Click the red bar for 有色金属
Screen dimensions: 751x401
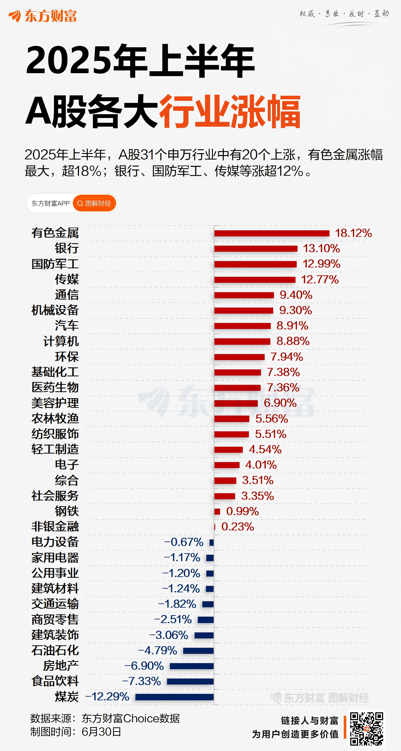click(x=272, y=233)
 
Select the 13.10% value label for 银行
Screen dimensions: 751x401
click(x=321, y=248)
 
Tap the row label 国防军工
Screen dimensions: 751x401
click(x=55, y=264)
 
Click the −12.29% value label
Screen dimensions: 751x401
click(x=107, y=697)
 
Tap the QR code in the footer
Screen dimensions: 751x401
click(x=366, y=729)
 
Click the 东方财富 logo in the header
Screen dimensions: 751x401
click(x=43, y=16)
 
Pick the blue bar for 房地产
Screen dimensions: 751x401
click(x=192, y=666)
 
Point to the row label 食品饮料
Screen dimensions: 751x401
click(x=55, y=681)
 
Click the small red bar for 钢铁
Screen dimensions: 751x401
click(x=217, y=511)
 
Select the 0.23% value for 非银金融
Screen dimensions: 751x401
click(x=237, y=527)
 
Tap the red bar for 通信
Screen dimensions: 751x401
click(x=244, y=295)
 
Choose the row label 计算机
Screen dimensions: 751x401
click(x=61, y=341)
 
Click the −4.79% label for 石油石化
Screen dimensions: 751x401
click(x=157, y=650)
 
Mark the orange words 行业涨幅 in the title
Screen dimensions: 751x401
click(x=230, y=111)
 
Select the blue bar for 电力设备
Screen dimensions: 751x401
click(x=212, y=542)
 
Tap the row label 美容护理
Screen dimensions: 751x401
click(x=55, y=403)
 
